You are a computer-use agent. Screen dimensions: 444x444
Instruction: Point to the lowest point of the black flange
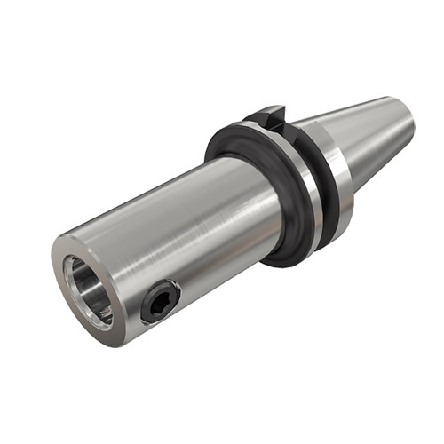282,265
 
